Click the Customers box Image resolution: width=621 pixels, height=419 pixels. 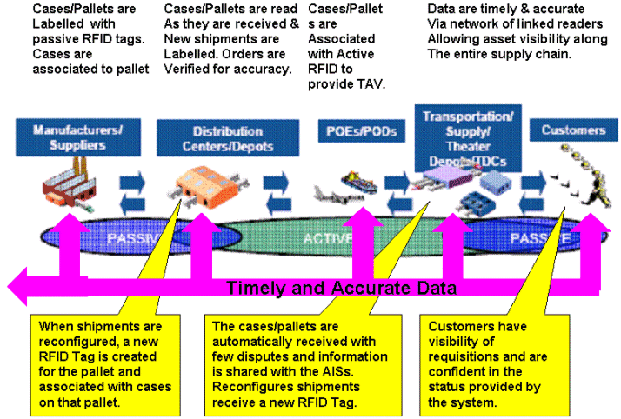pos(573,131)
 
